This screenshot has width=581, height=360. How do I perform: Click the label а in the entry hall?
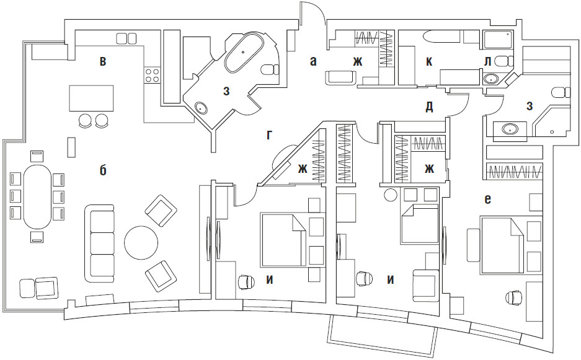pos(313,61)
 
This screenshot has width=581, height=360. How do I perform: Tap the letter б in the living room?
pos(103,170)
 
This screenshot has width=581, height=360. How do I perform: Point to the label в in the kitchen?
pos(103,61)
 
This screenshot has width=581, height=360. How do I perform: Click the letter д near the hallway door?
pos(428,106)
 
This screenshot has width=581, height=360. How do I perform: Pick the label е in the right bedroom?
pos(488,199)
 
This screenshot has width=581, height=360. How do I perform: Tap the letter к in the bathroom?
pos(428,61)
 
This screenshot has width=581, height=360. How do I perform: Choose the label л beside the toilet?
pos(488,61)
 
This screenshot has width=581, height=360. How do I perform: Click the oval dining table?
pos(38,196)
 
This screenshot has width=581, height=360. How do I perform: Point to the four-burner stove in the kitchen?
pos(152,76)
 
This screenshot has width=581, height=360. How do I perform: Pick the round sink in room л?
pos(490,79)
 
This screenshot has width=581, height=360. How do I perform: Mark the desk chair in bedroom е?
pos(514,298)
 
